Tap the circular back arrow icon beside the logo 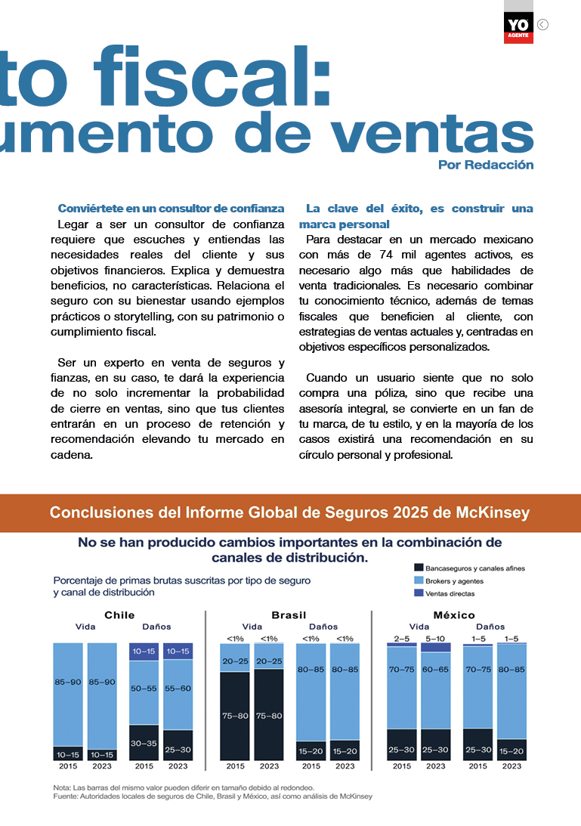tap(542, 24)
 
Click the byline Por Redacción tap(486, 165)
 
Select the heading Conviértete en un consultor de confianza tap(171, 208)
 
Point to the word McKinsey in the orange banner tap(493, 513)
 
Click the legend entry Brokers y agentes tap(454, 580)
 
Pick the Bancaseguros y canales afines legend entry tap(474, 568)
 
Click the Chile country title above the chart tap(119, 615)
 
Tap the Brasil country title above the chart tap(289, 615)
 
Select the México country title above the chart tap(454, 615)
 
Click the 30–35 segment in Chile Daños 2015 tap(144, 743)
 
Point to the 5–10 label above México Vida tap(436, 639)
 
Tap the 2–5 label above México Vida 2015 tap(402, 639)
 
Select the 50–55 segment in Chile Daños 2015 tap(144, 688)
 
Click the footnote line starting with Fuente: tap(213, 796)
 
